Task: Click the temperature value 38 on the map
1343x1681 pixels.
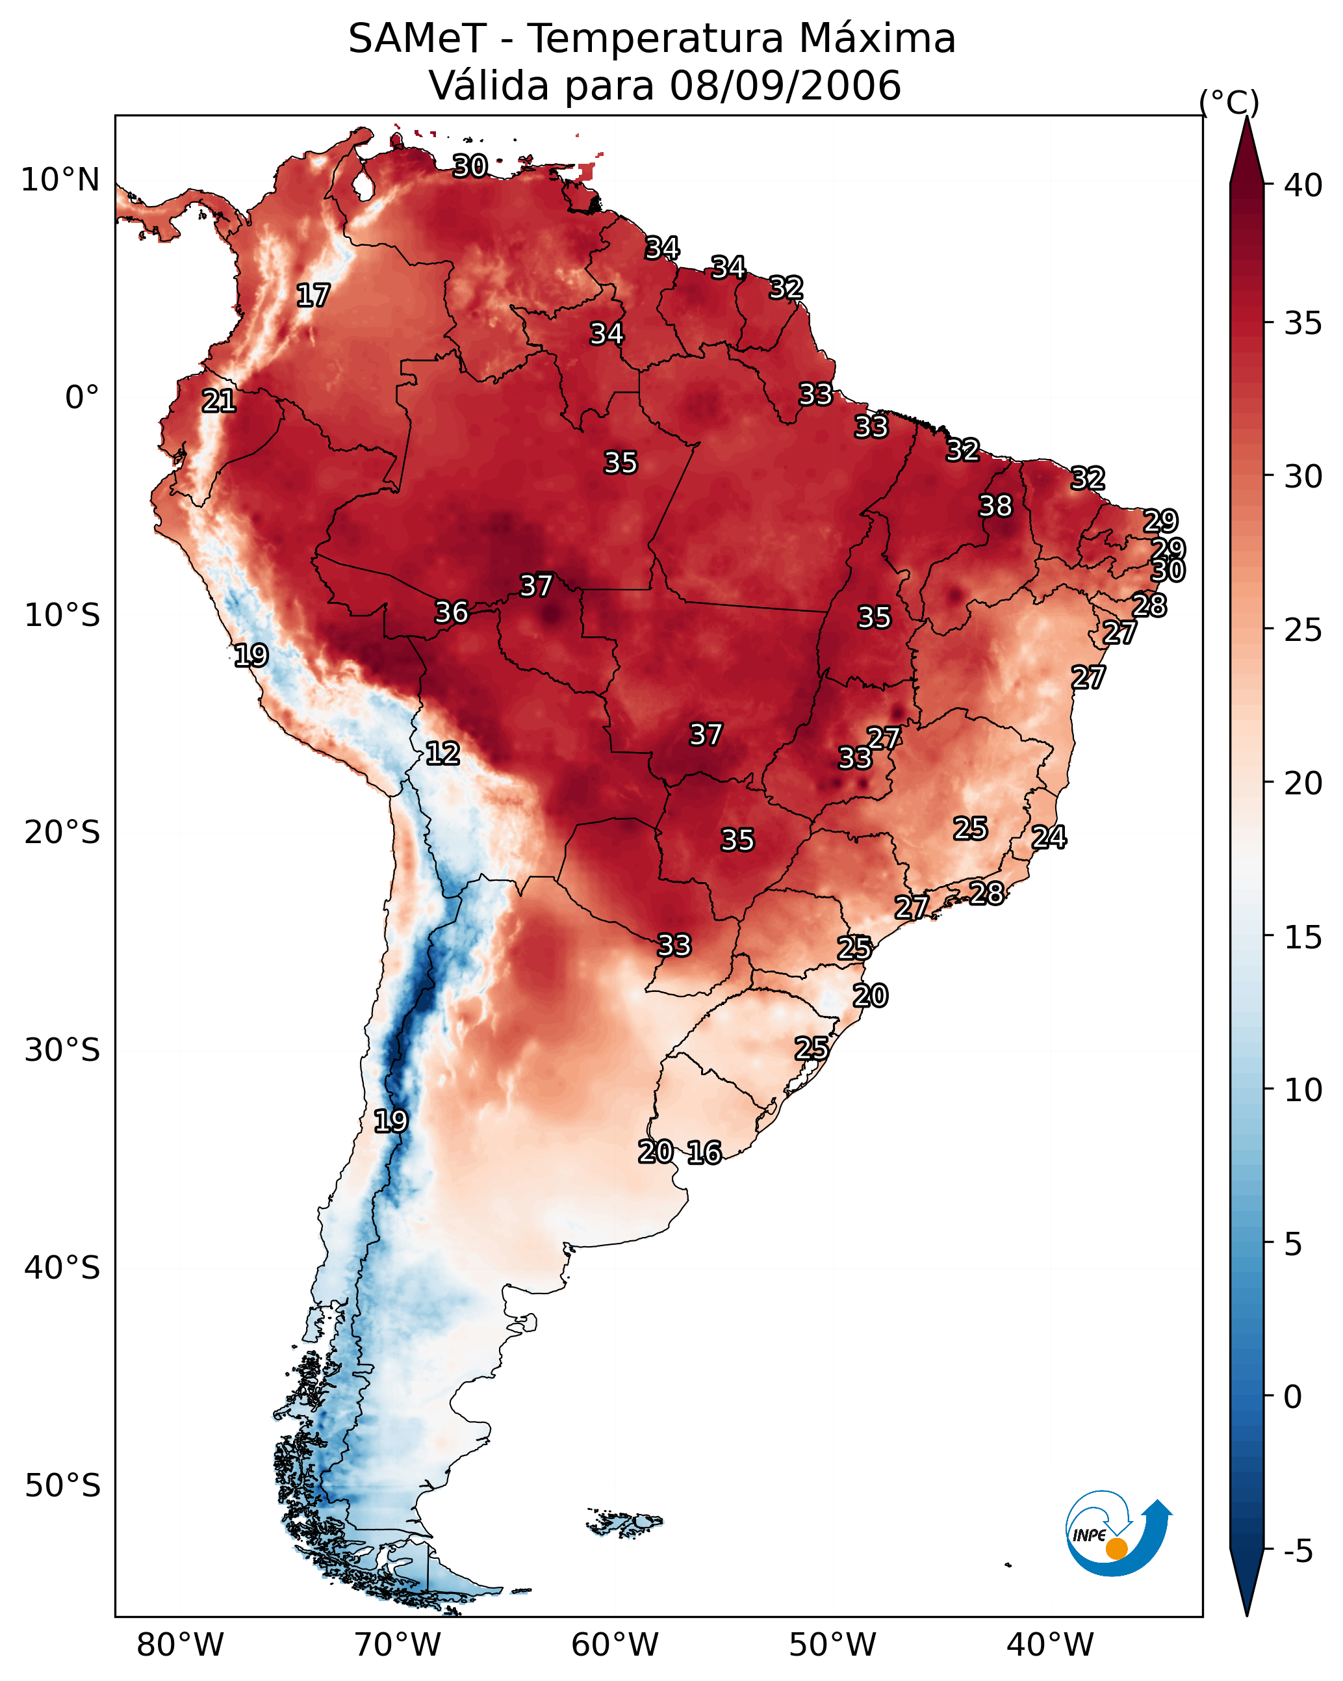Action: click(995, 506)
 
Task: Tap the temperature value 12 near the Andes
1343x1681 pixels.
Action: click(442, 753)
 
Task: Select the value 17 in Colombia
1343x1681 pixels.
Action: click(313, 296)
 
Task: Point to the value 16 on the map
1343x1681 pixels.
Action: click(704, 1153)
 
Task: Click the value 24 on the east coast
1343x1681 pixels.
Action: click(1049, 837)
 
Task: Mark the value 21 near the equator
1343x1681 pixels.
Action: click(218, 402)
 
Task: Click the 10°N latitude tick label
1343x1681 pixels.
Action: click(60, 180)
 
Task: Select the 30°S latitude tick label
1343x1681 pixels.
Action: click(62, 1050)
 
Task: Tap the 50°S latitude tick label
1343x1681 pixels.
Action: click(62, 1486)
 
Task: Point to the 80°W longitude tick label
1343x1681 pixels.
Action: click(180, 1645)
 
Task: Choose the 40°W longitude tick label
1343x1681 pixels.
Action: click(1050, 1645)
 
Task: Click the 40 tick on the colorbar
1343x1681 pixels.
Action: click(1303, 185)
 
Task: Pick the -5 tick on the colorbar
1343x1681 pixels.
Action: click(1299, 1552)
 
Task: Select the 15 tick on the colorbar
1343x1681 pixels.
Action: click(1303, 937)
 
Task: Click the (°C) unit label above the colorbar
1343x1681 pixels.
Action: click(1229, 103)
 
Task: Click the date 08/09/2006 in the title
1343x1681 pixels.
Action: click(785, 85)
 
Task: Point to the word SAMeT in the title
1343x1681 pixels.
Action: click(417, 38)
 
